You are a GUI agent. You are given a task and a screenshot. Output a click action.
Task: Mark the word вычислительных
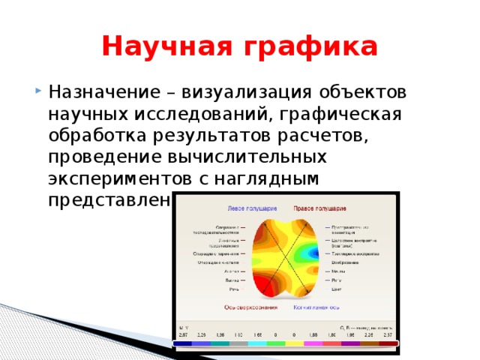tap(248, 158)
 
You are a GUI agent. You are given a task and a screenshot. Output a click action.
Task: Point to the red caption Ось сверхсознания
tap(250, 307)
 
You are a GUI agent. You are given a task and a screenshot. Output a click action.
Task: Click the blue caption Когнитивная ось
tap(316, 307)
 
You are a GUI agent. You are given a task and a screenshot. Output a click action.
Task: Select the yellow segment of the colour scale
tap(294, 343)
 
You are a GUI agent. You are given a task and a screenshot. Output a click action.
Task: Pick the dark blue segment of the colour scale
tap(182, 343)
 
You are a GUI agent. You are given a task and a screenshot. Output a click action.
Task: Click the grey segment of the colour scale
tap(238, 343)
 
